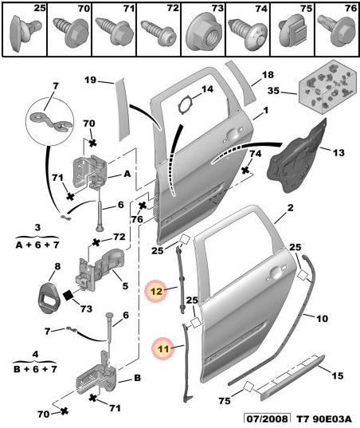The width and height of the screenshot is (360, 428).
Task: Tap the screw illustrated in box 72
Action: (x=158, y=34)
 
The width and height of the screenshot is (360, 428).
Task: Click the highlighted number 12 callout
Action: (x=156, y=291)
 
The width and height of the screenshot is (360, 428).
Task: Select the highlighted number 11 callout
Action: (x=163, y=348)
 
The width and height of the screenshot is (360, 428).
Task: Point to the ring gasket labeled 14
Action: (x=186, y=104)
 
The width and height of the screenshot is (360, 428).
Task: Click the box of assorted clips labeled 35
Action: (x=328, y=86)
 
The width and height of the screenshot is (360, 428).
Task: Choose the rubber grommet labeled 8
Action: (x=49, y=298)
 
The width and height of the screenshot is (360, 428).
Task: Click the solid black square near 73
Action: (x=68, y=296)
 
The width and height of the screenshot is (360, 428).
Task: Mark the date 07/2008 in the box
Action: (x=267, y=419)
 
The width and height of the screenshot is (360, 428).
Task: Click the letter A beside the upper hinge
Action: (x=127, y=174)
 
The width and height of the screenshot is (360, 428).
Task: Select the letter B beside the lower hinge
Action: (x=137, y=378)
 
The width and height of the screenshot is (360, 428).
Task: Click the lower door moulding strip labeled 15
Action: (x=292, y=377)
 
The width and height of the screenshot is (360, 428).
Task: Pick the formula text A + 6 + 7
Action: (x=37, y=245)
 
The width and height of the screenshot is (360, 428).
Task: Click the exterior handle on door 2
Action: (x=276, y=272)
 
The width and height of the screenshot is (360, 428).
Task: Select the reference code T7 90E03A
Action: (x=323, y=419)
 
